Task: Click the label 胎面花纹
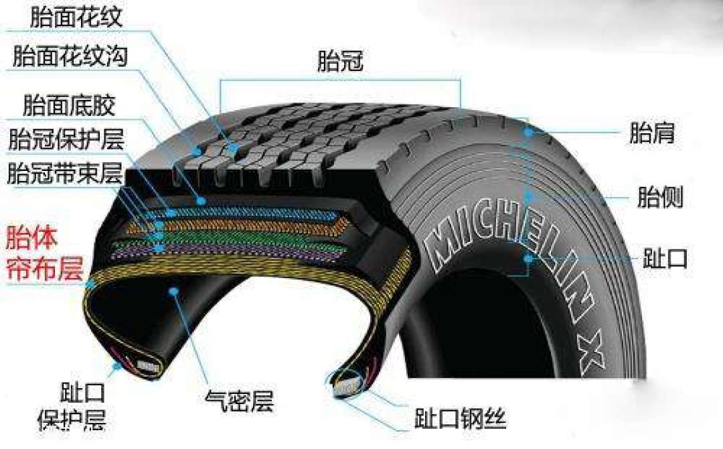coord(76,17)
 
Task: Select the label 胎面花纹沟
coord(70,57)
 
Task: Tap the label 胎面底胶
coord(69,105)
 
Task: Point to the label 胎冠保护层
coord(66,139)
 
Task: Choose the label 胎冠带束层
coord(66,173)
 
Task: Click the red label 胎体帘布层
coord(44,253)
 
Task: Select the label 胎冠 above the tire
coord(340,61)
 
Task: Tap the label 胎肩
coord(652,133)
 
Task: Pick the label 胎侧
coord(660,196)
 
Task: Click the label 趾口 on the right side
coord(665,259)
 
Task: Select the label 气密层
coord(239,401)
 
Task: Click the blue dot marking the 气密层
coord(173,292)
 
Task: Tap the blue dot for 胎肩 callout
coord(528,133)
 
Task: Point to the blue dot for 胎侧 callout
coord(529,197)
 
